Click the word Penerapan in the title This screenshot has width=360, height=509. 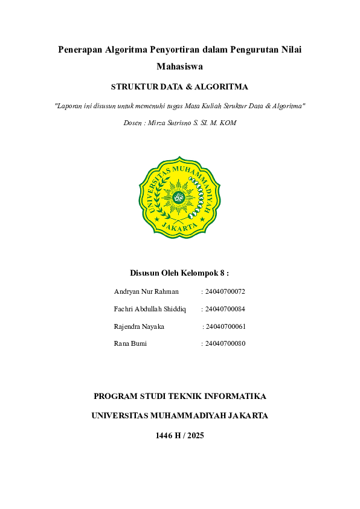pos(80,50)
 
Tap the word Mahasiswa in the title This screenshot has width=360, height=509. pos(179,66)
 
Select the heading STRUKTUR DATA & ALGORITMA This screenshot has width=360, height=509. pos(179,87)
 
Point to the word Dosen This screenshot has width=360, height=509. pos(132,123)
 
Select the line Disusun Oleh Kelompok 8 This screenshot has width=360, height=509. pos(179,273)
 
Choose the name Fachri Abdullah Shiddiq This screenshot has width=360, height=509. pos(150,309)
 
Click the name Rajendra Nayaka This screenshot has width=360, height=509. pos(139,326)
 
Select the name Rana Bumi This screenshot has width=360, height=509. pos(130,343)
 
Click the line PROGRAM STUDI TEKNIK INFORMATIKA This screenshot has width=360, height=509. pos(180,397)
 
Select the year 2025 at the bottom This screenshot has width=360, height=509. pos(194,435)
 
